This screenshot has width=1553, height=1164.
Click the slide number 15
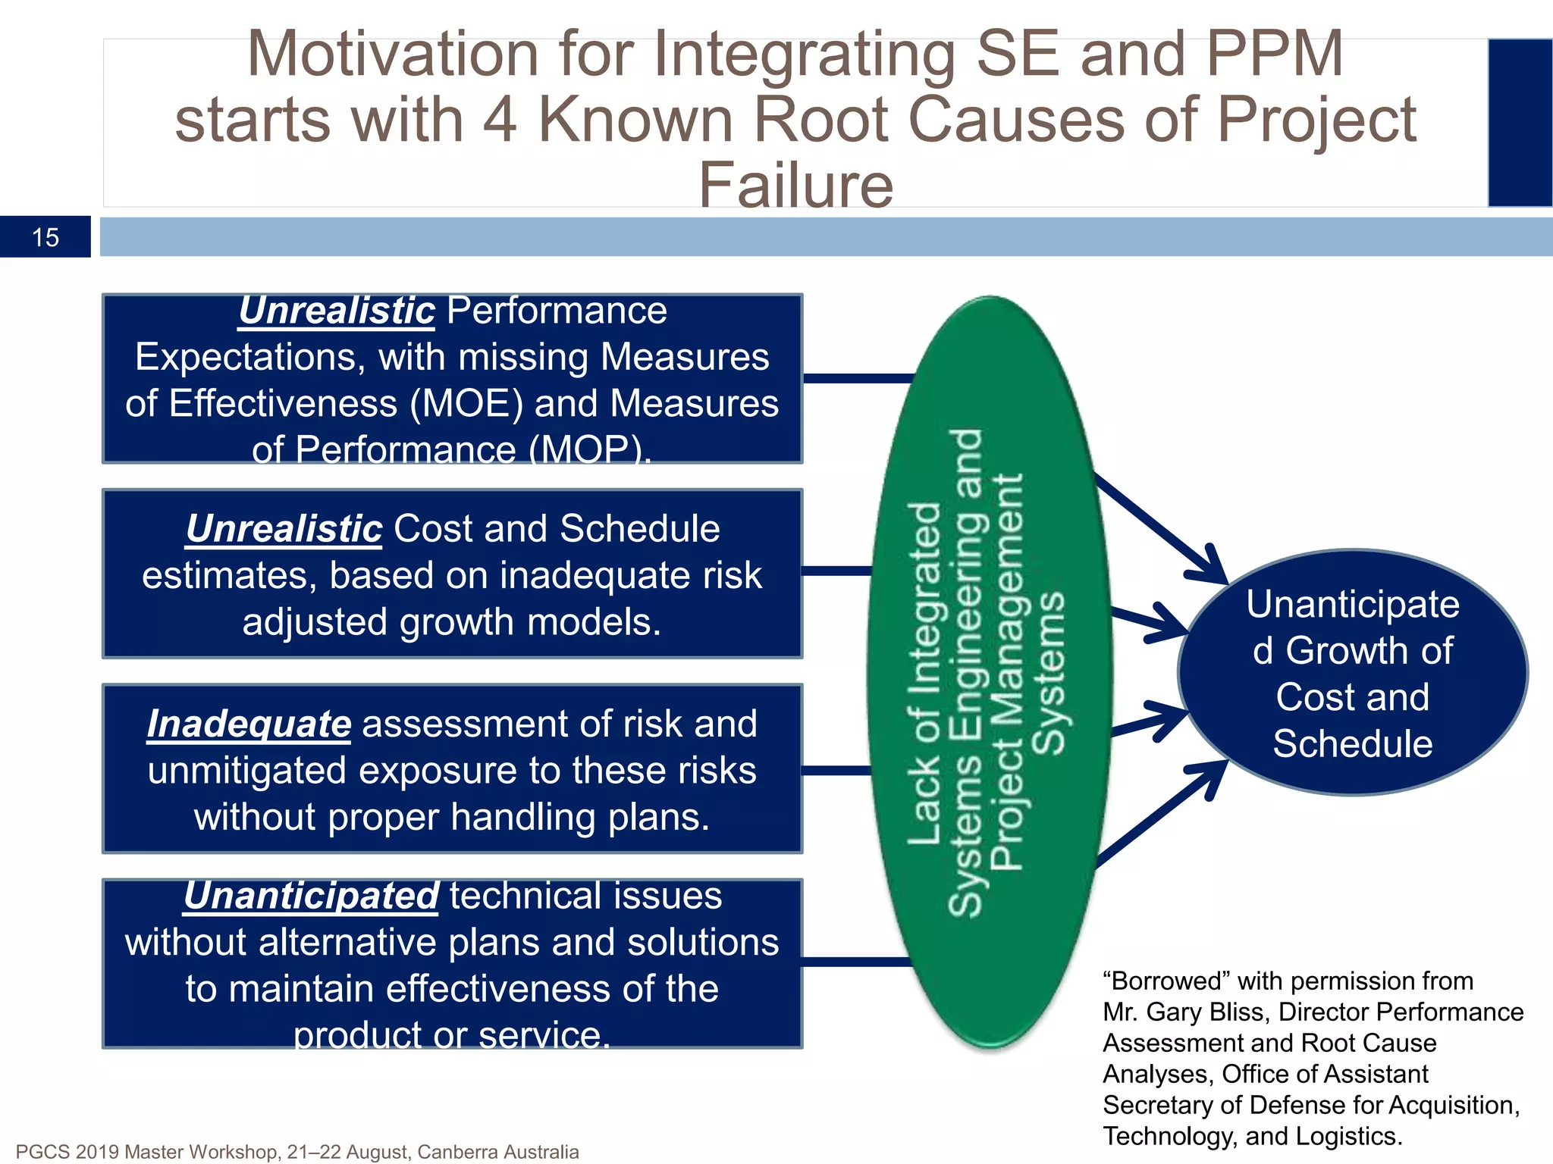[x=45, y=237]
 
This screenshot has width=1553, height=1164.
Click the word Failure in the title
[x=795, y=186]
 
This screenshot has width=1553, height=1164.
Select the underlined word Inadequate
[x=249, y=724]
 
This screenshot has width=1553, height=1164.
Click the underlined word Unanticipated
[x=311, y=896]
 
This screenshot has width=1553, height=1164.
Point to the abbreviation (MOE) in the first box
[x=466, y=403]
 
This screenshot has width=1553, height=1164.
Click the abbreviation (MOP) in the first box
[x=588, y=450]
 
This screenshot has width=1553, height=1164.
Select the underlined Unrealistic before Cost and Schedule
[x=284, y=529]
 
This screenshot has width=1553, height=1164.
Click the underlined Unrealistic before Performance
[x=337, y=311]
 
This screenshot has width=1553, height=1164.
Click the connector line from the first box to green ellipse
[x=857, y=378]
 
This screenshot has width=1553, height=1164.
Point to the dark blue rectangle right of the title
[x=1520, y=123]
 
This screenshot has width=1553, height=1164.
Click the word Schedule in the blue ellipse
[x=1352, y=744]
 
